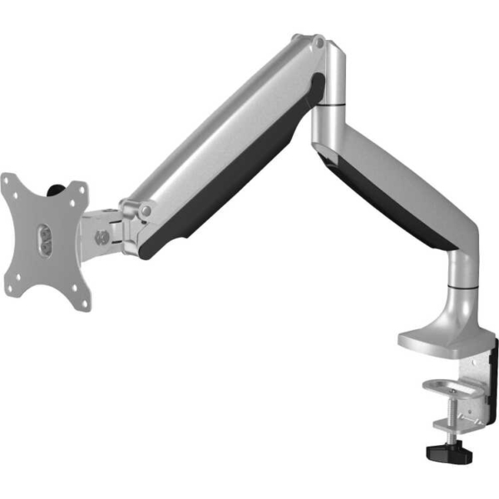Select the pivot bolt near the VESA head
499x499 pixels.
click(146, 212)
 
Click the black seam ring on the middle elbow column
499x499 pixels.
click(330, 106)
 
